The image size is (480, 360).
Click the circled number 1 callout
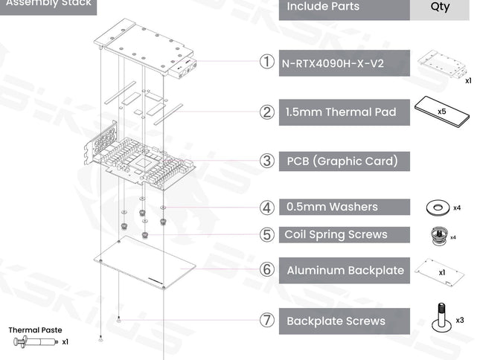click(x=267, y=62)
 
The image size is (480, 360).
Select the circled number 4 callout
click(x=267, y=207)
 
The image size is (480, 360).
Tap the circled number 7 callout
click(x=267, y=321)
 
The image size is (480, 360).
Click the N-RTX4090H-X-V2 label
click(x=333, y=63)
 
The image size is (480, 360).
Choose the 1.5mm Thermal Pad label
click(x=339, y=112)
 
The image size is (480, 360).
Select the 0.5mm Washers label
click(x=332, y=207)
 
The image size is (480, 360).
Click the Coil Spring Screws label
click(x=336, y=234)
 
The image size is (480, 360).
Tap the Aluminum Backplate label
click(x=345, y=270)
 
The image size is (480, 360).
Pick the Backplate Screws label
click(x=336, y=321)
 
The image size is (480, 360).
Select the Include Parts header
click(x=323, y=7)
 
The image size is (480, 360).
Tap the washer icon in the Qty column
click(x=437, y=207)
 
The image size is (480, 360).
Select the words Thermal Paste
click(x=35, y=330)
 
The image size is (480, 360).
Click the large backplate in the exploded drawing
click(x=145, y=263)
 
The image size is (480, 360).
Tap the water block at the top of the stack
click(x=147, y=48)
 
